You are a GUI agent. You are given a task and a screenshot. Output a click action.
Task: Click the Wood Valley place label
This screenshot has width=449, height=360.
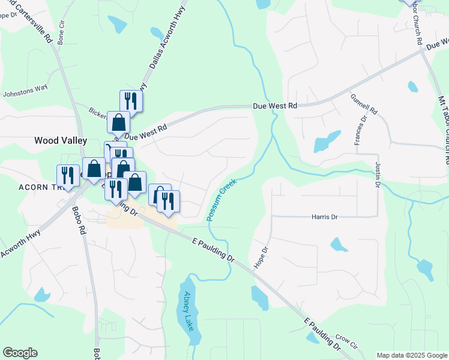click(x=61, y=140)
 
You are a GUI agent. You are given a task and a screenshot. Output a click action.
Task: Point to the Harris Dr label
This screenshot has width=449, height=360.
click(x=325, y=217)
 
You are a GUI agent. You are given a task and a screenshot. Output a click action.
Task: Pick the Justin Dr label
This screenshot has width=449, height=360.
click(x=378, y=173)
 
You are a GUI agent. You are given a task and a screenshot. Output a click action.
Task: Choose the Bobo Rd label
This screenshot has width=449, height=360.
click(x=77, y=220)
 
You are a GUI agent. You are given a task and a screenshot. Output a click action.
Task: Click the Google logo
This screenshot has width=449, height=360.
click(x=20, y=353)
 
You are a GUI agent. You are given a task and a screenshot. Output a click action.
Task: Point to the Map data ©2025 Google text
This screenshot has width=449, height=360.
click(x=412, y=355)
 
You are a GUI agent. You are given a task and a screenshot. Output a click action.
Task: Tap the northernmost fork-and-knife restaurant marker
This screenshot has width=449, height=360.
click(x=131, y=100)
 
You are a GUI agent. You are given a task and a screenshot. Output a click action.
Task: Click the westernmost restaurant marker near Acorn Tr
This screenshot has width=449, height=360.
click(x=67, y=175)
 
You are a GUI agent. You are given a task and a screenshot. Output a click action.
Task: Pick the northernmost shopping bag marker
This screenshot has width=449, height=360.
click(x=118, y=122)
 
